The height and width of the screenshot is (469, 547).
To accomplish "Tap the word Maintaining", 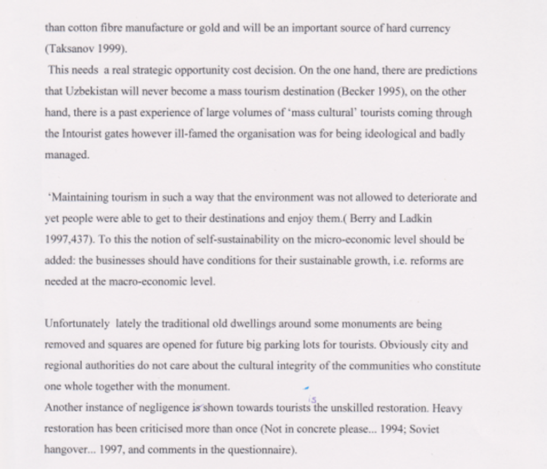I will (79, 197).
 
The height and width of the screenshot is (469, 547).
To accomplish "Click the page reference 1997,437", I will (68, 240).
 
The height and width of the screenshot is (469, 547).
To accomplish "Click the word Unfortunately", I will (77, 324).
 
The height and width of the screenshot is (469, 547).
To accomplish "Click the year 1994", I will (391, 429).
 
